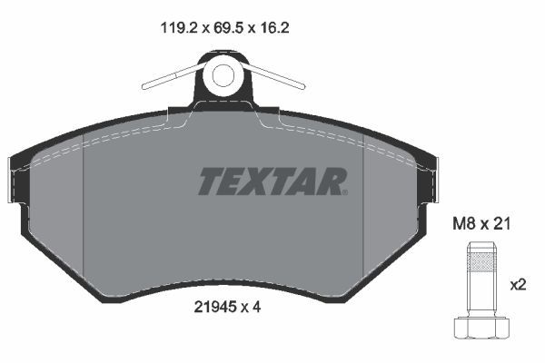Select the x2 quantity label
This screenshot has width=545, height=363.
[518, 285]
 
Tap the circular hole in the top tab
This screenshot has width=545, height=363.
[223, 77]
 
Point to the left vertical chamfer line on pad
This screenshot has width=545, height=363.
[83, 209]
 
